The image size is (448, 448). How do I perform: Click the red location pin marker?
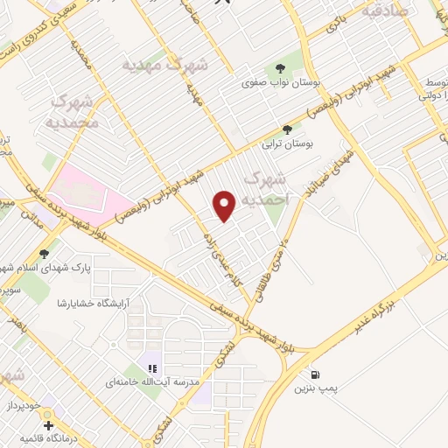(226, 205)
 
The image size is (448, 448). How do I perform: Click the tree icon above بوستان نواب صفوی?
(280, 68)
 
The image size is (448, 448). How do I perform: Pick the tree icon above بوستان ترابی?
(287, 129)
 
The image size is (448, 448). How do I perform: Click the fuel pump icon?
(314, 374)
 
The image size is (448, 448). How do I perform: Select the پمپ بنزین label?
(313, 387)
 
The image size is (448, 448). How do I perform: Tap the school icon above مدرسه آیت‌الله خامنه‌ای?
(151, 368)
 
